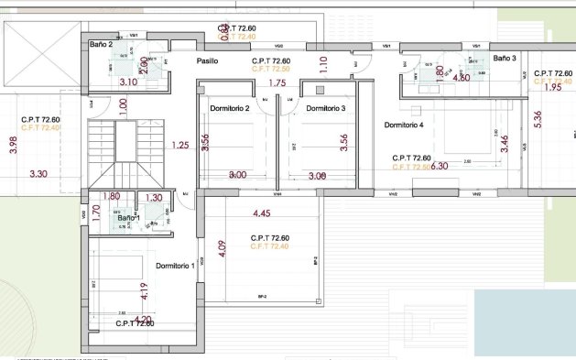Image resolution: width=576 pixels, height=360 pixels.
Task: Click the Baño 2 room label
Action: [x=101, y=44]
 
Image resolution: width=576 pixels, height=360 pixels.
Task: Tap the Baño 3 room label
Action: [x=505, y=58]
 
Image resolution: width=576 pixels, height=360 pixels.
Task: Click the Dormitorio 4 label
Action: [x=403, y=125]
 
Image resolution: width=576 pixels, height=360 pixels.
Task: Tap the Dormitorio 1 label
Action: [x=175, y=266]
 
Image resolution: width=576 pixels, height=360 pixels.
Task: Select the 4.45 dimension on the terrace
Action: [x=263, y=214]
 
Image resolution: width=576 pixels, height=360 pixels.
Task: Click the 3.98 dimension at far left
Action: [x=12, y=146]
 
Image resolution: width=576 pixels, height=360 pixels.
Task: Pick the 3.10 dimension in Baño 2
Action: [x=129, y=82]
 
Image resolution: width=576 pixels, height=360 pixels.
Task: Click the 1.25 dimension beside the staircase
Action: [x=179, y=145]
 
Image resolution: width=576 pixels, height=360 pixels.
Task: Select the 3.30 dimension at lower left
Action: [x=38, y=173]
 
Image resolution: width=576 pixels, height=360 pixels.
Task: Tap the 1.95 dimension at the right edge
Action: [x=552, y=88]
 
